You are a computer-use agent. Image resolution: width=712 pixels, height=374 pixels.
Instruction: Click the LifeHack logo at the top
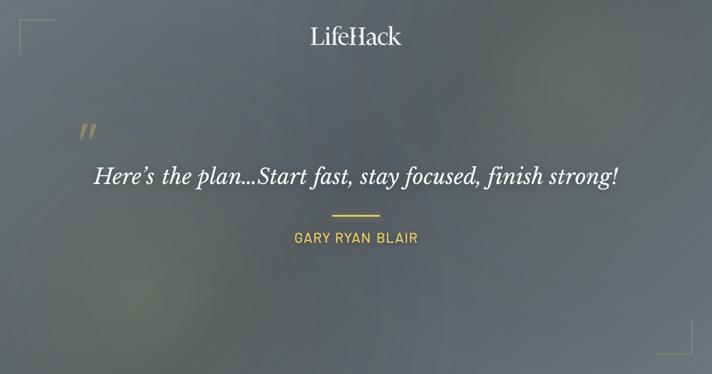pyautogui.click(x=355, y=37)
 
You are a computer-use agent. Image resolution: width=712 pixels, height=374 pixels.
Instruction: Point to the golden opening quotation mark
pyautogui.click(x=88, y=132)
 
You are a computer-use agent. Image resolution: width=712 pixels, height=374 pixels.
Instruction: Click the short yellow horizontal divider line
pyautogui.click(x=355, y=215)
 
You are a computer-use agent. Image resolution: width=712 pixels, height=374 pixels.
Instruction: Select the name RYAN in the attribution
pyautogui.click(x=354, y=239)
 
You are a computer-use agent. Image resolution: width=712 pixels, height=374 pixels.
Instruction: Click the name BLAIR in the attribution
pyautogui.click(x=398, y=239)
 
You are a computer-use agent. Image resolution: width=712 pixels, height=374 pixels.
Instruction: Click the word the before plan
pyautogui.click(x=176, y=177)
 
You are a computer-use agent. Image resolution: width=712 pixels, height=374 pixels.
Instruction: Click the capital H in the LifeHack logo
pyautogui.click(x=355, y=37)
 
